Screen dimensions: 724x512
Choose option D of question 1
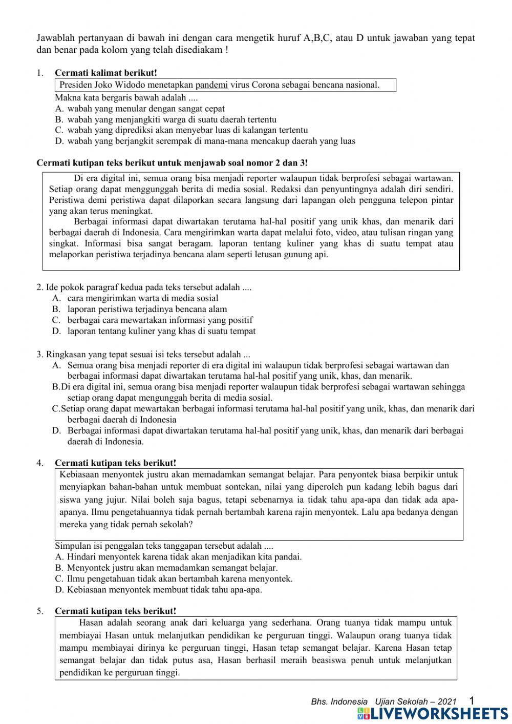pyautogui.click(x=205, y=141)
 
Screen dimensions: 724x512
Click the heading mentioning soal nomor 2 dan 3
pyautogui.click(x=173, y=163)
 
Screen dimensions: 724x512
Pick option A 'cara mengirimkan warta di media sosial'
pyautogui.click(x=142, y=298)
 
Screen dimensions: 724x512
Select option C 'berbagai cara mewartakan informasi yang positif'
pyautogui.click(x=160, y=320)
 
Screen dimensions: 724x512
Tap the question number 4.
pyautogui.click(x=40, y=463)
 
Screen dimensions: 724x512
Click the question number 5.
pyautogui.click(x=40, y=611)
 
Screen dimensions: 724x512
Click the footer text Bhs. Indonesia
pyautogui.click(x=339, y=701)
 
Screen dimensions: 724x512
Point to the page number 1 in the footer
pyautogui.click(x=472, y=700)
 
